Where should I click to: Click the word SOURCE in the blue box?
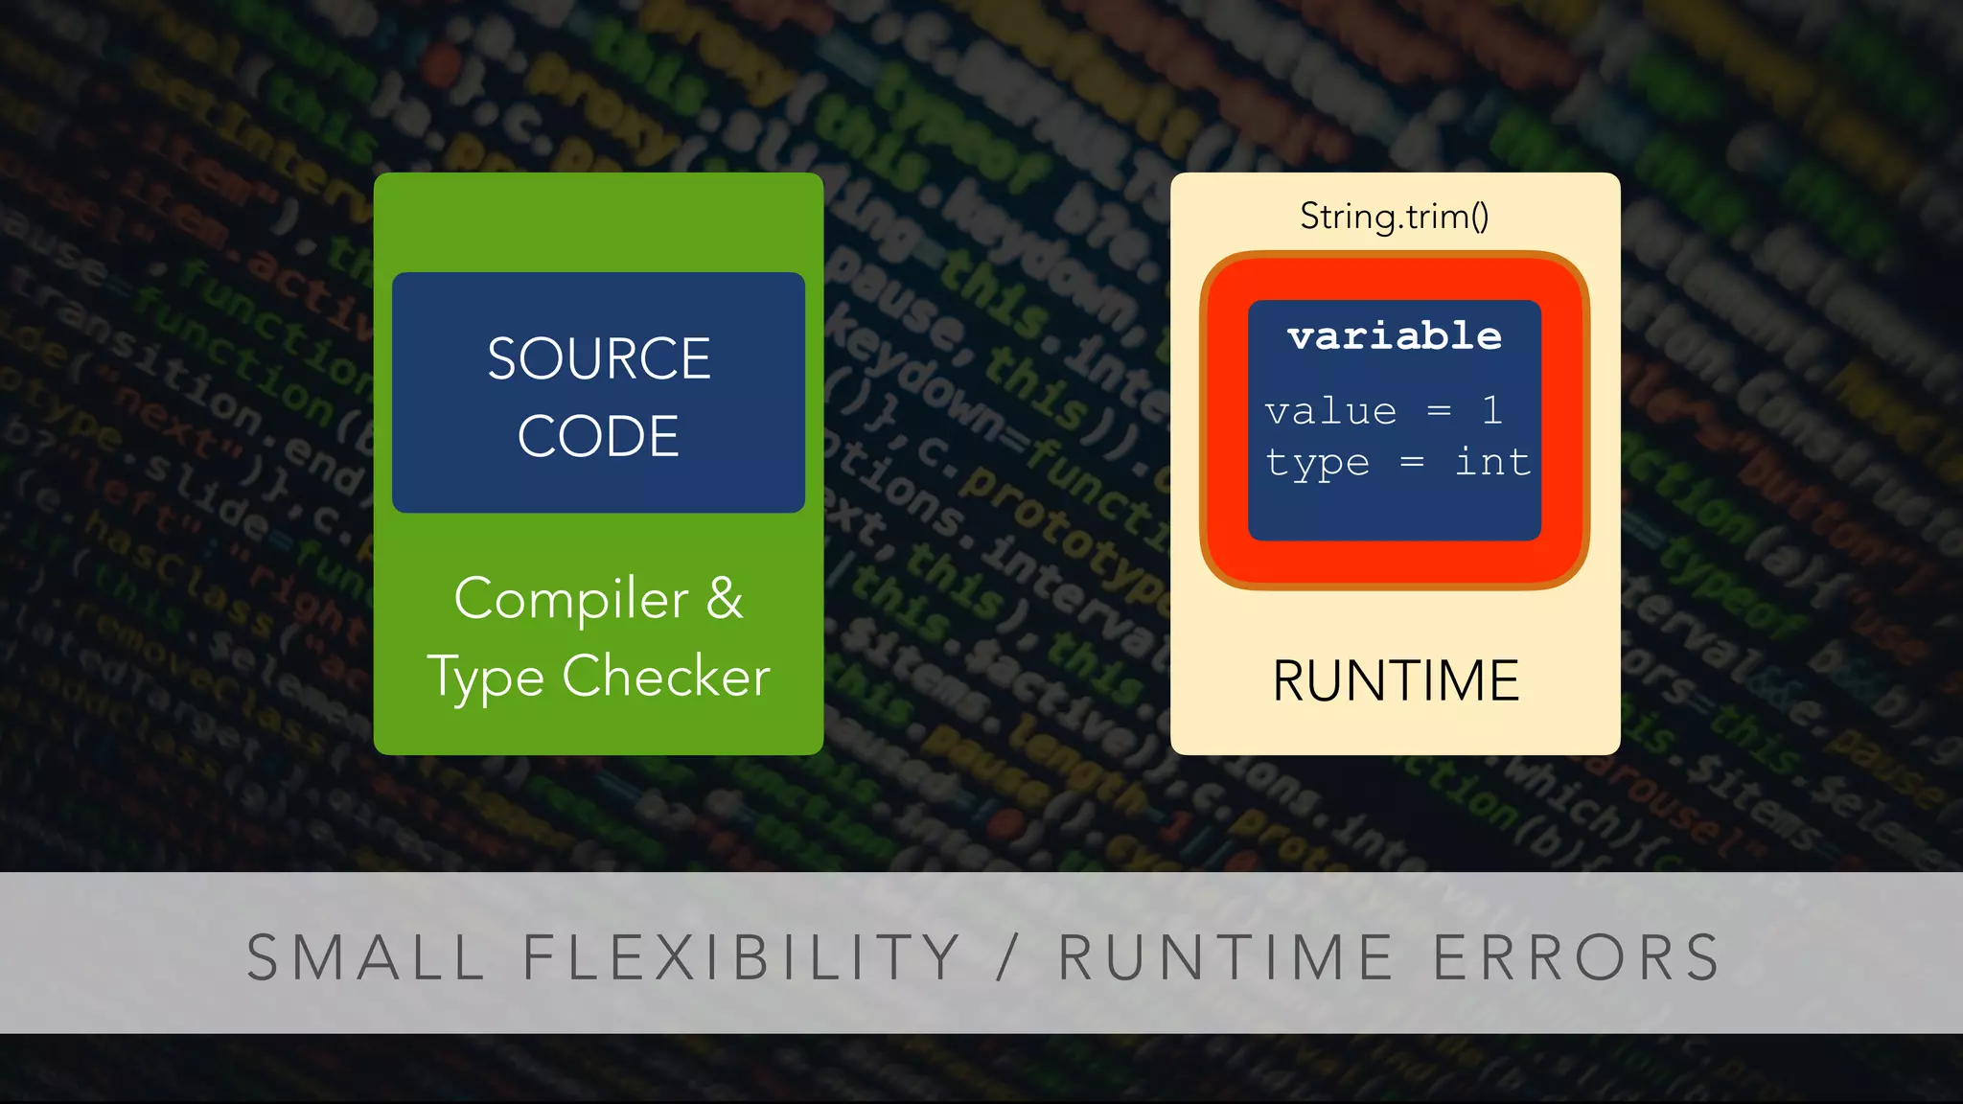point(598,359)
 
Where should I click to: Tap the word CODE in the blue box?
point(598,437)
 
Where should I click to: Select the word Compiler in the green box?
point(571,600)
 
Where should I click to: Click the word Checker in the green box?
point(666,677)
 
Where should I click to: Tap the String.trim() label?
point(1395,217)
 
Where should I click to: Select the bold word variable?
point(1395,336)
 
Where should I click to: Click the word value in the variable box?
point(1330,411)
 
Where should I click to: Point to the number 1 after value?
point(1491,410)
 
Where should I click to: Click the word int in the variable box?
point(1492,462)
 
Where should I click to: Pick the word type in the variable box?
point(1318,464)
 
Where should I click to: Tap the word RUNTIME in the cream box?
point(1396,681)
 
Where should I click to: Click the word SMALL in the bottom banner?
point(366,957)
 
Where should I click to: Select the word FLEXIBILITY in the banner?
point(741,957)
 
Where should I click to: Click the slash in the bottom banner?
point(1006,957)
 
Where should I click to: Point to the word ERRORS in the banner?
point(1577,957)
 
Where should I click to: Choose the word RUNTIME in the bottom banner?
point(1226,957)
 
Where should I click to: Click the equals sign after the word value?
point(1439,411)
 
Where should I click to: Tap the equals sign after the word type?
point(1412,462)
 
